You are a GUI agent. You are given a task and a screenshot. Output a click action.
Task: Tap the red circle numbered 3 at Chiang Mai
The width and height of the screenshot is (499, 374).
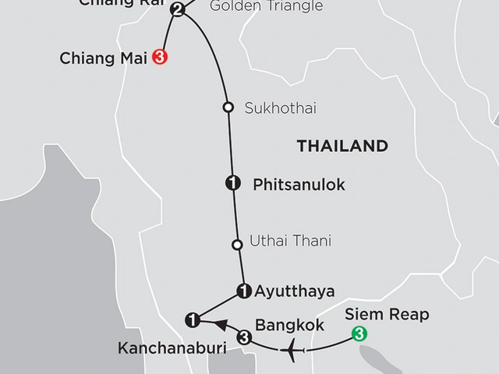point(161,57)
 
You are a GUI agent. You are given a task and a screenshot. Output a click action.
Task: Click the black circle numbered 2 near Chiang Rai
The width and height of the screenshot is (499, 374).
point(177,10)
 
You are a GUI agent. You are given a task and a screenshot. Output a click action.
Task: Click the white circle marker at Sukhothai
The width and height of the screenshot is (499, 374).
point(228,108)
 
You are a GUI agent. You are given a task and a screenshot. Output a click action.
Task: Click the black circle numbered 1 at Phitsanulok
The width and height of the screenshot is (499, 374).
point(232,184)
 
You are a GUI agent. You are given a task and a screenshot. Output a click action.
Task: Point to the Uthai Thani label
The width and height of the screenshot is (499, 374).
point(290,242)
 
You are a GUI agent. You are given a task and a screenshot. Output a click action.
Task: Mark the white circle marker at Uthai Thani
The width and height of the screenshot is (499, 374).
point(237,245)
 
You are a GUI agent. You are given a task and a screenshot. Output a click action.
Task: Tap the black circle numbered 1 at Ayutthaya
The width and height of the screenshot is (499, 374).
point(243,291)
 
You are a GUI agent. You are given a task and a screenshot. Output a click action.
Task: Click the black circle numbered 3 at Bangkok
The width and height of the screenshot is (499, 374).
point(244,337)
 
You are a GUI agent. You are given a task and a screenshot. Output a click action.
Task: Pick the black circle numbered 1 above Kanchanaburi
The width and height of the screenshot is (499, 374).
point(192,319)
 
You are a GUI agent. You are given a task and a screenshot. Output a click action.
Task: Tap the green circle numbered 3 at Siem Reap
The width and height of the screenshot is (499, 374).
point(359,335)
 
